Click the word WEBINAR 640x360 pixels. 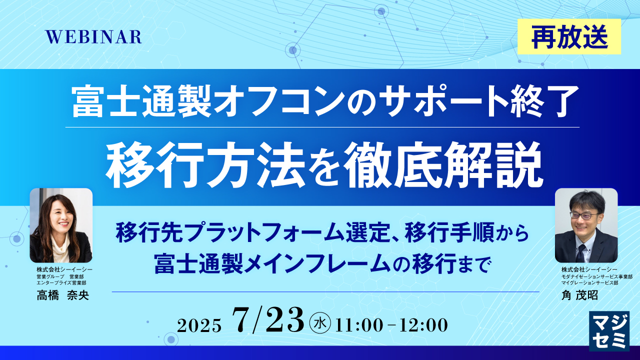tap(93, 37)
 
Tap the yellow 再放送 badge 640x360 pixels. tap(569, 36)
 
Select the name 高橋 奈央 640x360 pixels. tap(62, 295)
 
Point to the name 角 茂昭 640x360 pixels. tap(579, 295)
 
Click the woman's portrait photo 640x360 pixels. tap(61, 225)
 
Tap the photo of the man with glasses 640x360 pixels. tap(586, 225)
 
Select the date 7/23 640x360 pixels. tap(268, 320)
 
